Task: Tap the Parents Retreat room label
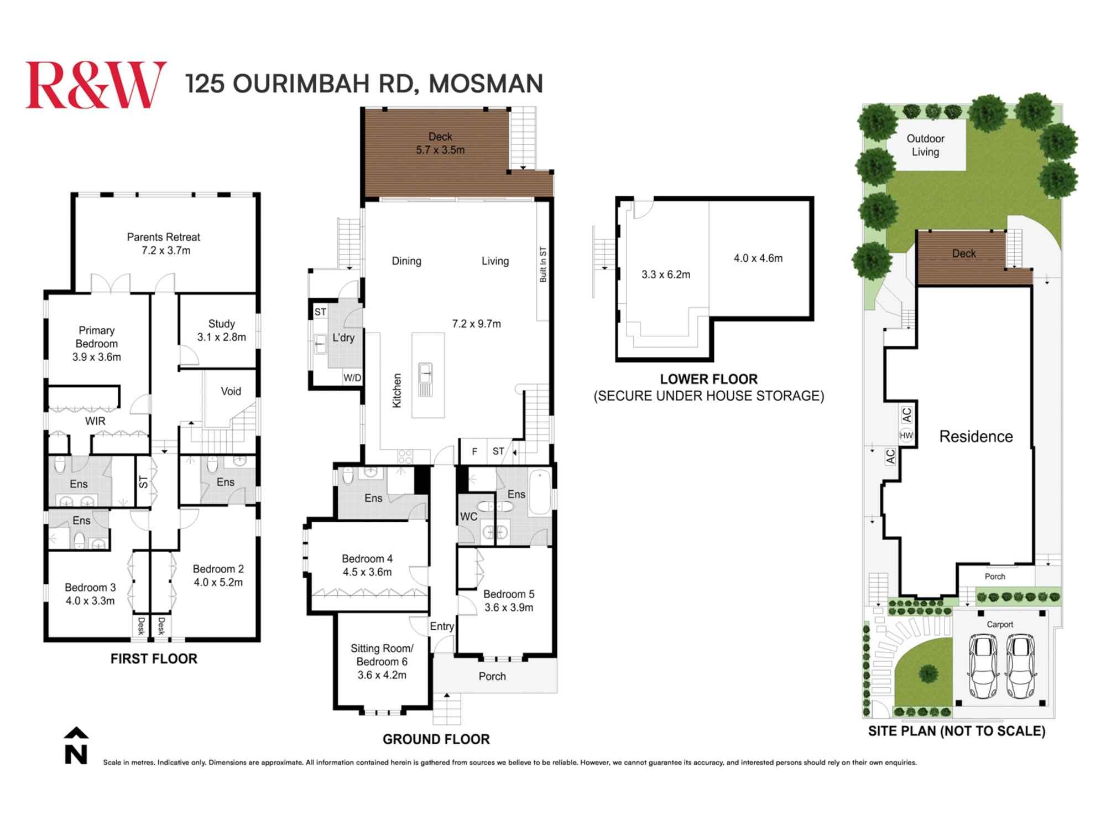tap(164, 243)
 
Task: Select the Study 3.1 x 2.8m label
tap(221, 330)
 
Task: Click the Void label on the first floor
tap(231, 391)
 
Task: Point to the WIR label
tap(95, 421)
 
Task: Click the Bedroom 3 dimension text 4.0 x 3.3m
tap(90, 601)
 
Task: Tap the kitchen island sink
tap(425, 374)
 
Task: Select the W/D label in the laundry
tap(352, 378)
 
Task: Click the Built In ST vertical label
tap(543, 264)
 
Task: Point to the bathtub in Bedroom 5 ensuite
tap(539, 492)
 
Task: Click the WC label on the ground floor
tap(468, 517)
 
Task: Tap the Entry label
tap(442, 626)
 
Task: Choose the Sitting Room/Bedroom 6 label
tap(382, 655)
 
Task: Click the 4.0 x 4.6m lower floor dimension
tap(758, 258)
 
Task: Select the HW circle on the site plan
tap(906, 436)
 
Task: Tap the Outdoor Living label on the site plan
tap(925, 145)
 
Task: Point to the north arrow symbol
tap(76, 746)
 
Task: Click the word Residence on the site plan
tap(976, 437)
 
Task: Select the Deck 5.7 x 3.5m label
tap(440, 143)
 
